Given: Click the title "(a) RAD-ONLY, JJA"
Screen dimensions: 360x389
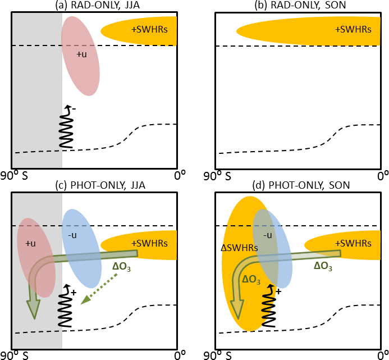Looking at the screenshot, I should [94, 5].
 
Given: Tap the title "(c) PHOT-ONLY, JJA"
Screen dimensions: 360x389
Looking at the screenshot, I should [94, 185].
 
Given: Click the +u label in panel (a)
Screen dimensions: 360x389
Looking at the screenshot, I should [81, 54].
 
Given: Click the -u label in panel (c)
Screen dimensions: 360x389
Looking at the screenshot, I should [74, 234].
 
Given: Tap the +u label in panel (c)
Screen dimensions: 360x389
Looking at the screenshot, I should [30, 243].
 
